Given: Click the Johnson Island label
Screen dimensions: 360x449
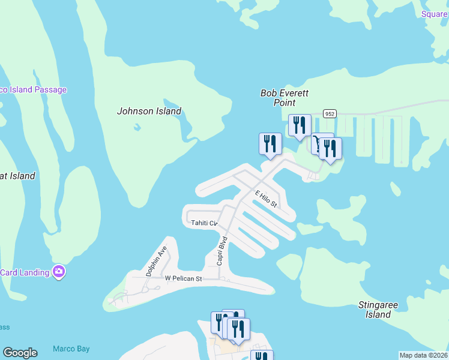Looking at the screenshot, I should [149, 111].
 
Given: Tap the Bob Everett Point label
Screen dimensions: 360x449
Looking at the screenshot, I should [278, 98].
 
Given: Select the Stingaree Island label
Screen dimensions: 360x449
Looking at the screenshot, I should [378, 310].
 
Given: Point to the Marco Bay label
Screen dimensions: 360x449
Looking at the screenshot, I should [71, 349].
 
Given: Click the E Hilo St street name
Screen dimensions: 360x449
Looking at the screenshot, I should [265, 199].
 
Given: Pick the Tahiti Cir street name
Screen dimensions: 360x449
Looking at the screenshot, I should [203, 223].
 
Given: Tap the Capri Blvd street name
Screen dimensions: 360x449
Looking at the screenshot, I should [221, 251].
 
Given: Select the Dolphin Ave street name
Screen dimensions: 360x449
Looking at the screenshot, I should [155, 261].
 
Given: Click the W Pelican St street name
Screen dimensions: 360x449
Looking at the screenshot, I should [183, 278].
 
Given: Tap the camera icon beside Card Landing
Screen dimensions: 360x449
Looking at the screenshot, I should [59, 272].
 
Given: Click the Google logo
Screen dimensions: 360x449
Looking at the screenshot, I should [20, 353].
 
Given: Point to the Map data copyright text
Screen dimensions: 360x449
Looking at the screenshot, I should [423, 355].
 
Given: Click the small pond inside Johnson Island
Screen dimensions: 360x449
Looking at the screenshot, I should [137, 127].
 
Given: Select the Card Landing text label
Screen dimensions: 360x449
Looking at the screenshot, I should [25, 272].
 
